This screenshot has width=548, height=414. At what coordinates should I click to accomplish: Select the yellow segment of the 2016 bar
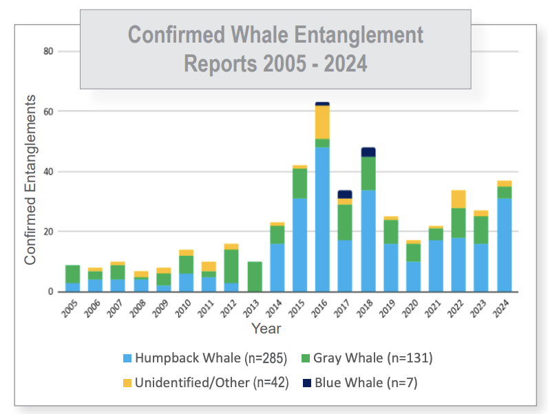point(322,122)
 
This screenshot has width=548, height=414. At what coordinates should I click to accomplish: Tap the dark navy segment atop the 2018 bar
point(368,152)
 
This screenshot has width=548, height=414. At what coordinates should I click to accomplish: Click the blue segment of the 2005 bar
point(72,287)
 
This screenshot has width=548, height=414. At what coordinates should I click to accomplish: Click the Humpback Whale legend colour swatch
point(126,358)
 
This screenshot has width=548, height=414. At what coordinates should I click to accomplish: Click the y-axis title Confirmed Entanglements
point(30,180)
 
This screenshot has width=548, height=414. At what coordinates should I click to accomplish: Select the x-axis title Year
point(265,328)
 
